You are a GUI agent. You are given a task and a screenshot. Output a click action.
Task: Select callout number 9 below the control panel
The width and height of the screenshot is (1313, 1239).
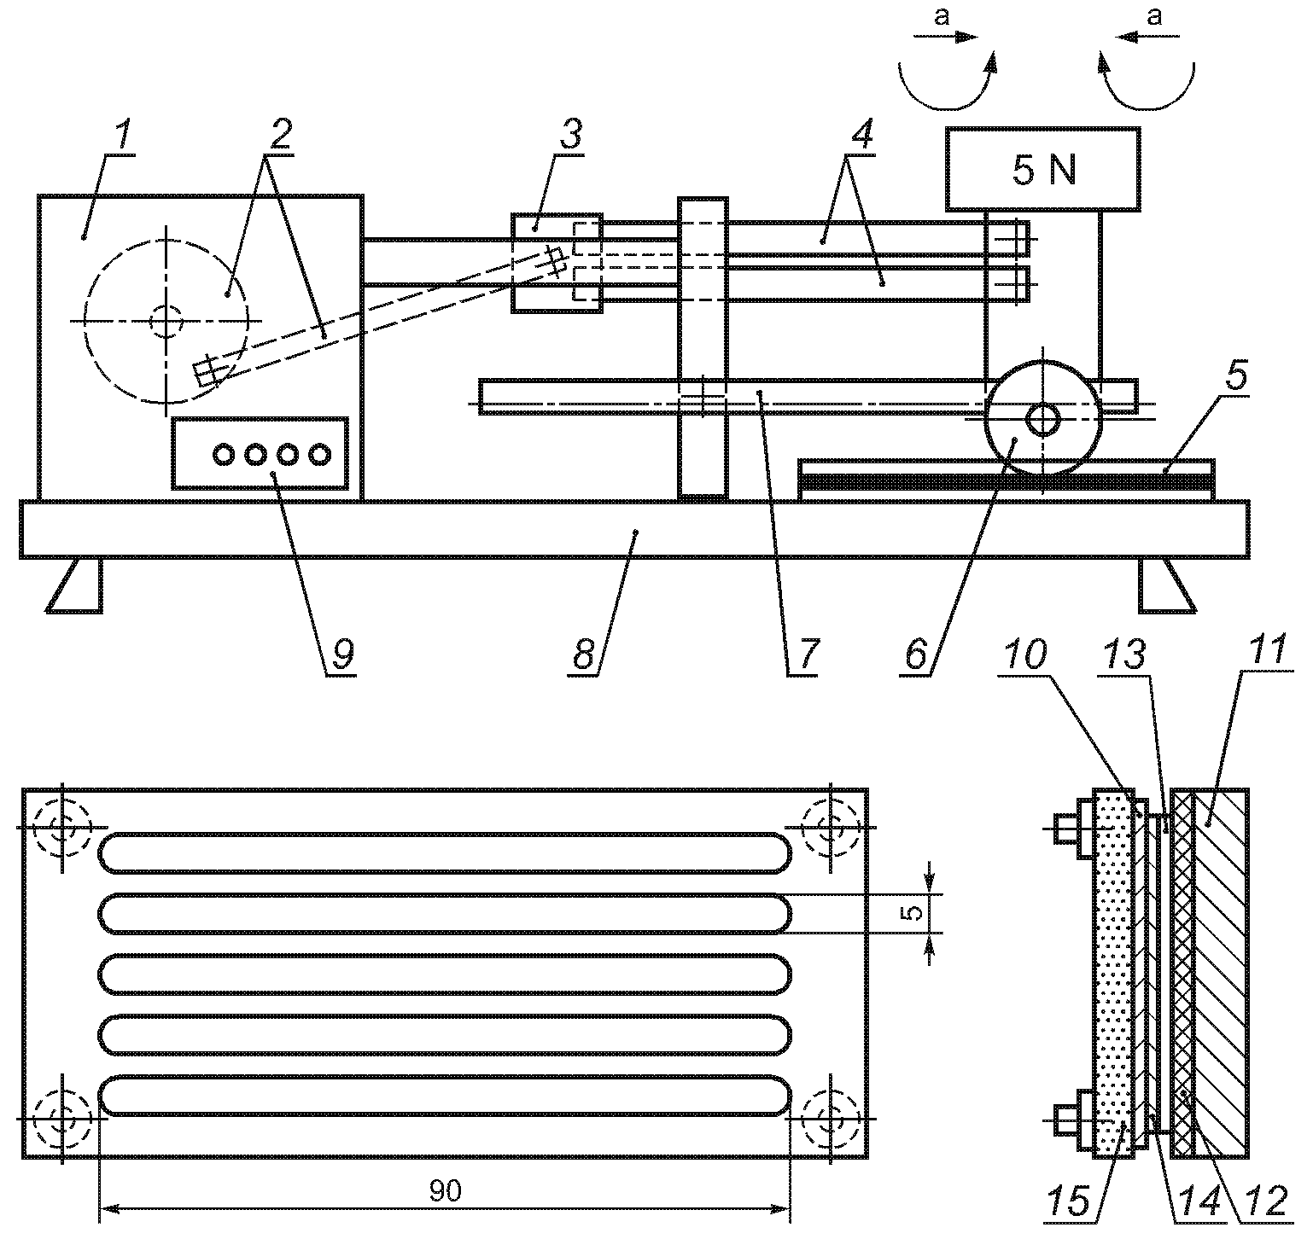(341, 654)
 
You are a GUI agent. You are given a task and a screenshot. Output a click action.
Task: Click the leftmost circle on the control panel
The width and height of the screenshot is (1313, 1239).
(223, 454)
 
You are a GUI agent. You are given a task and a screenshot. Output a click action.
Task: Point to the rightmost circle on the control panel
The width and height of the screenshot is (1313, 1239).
(320, 454)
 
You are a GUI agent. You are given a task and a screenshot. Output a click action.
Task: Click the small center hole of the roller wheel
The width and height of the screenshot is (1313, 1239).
(1042, 420)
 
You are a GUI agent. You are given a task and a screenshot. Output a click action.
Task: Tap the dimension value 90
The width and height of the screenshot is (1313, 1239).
(445, 1191)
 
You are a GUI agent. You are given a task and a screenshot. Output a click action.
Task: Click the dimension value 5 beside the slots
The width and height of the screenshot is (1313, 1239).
(913, 912)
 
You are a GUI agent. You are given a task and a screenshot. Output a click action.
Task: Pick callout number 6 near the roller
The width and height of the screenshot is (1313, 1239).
(914, 654)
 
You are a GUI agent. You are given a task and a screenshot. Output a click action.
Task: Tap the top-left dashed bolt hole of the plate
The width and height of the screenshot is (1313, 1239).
(61, 828)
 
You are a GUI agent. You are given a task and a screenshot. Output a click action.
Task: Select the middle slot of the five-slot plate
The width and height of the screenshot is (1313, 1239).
(445, 974)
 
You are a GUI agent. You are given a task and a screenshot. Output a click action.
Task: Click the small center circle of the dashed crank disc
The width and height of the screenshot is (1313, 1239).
(164, 321)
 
